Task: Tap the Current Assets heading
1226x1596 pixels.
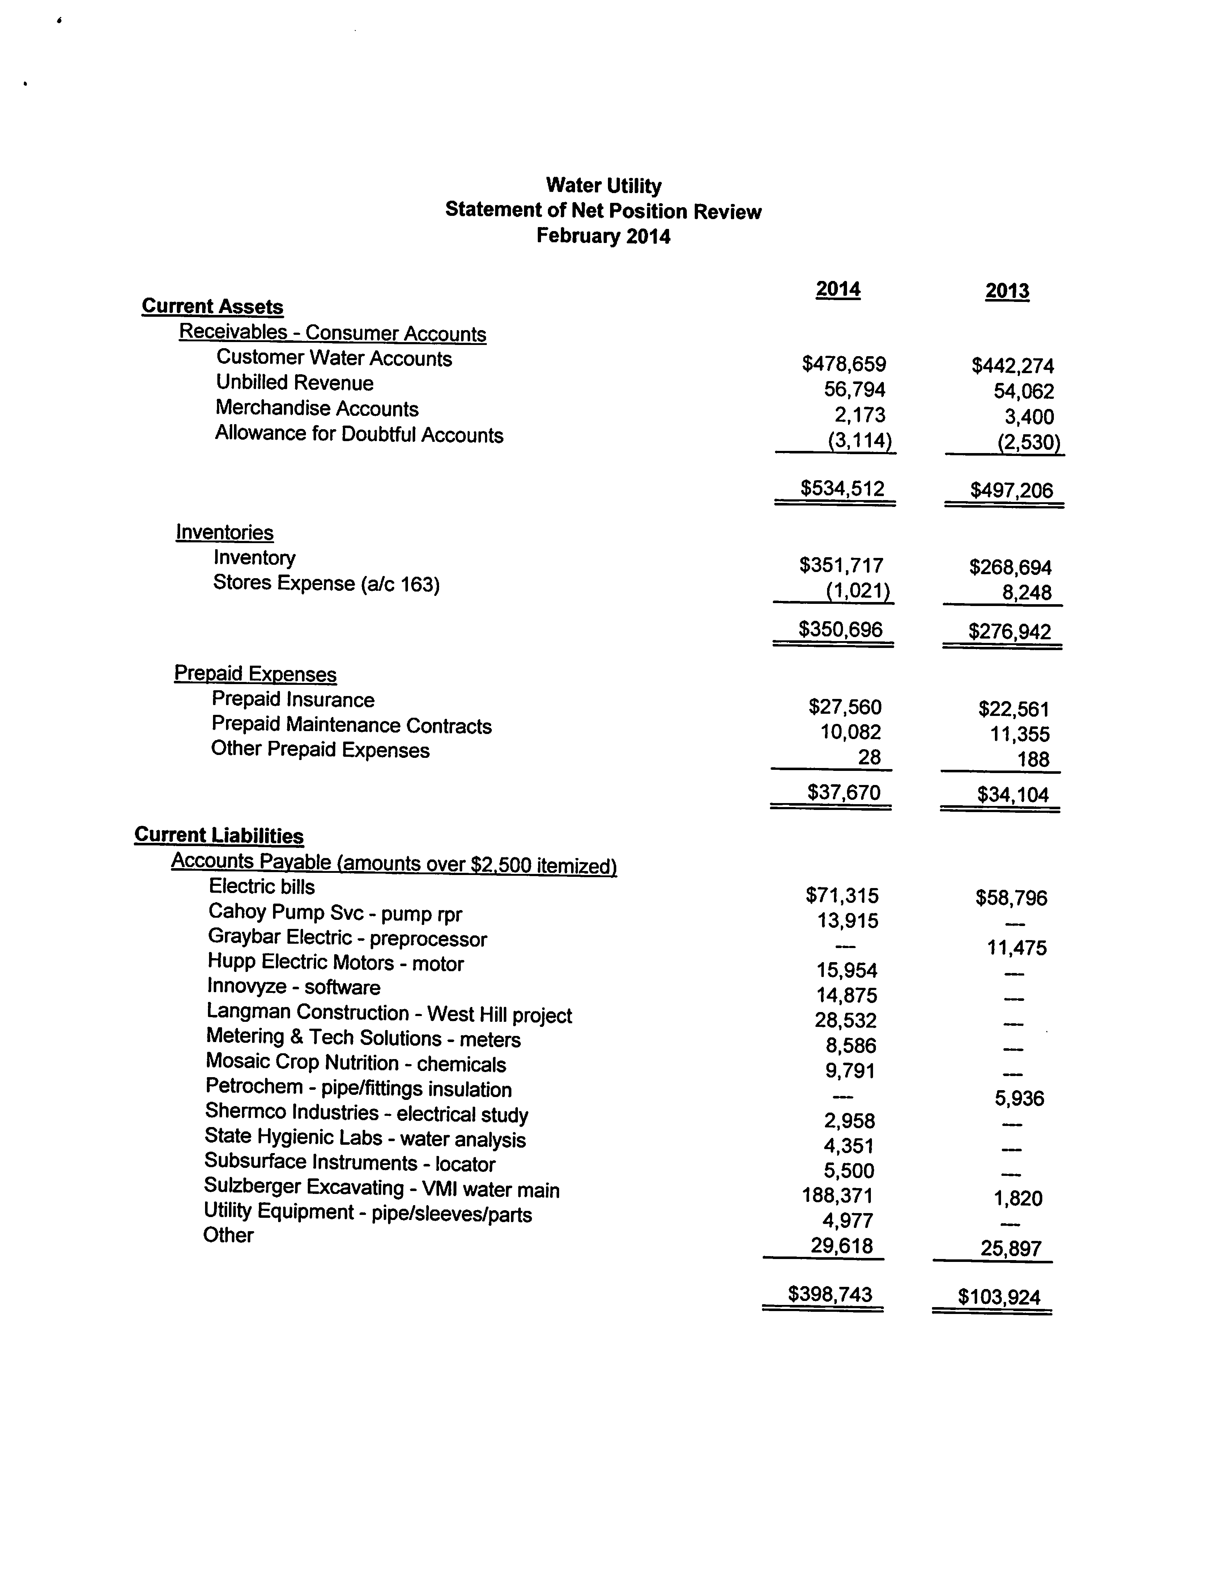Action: (x=212, y=306)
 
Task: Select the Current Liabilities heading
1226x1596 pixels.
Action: (x=219, y=835)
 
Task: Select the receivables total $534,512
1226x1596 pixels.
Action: (x=843, y=488)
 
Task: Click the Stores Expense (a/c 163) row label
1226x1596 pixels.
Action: (x=326, y=584)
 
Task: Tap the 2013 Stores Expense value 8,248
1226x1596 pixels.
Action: (x=1027, y=592)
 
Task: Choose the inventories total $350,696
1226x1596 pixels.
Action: (x=841, y=630)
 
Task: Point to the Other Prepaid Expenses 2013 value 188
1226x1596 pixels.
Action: (x=1033, y=759)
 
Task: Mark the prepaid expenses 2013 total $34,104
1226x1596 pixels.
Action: (x=1013, y=794)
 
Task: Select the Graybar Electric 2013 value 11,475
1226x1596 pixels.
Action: (x=1017, y=948)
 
